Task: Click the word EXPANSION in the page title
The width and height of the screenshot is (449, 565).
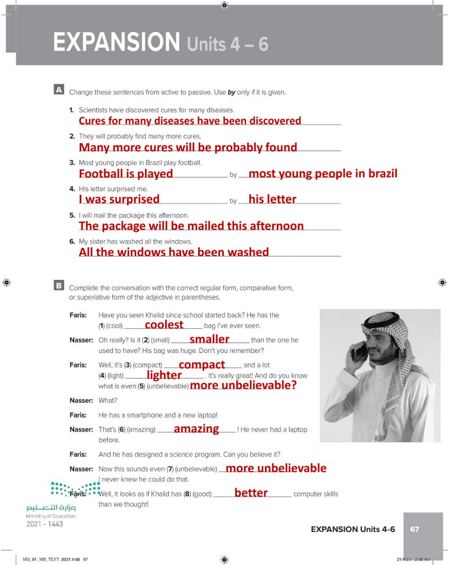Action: tap(116, 43)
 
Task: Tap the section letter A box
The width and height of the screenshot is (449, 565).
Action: tap(58, 89)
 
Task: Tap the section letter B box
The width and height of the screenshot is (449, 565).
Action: tap(58, 286)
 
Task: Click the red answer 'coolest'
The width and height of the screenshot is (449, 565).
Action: tap(164, 325)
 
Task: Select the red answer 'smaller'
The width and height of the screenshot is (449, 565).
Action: tap(209, 339)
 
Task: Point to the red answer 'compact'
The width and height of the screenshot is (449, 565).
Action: tap(201, 365)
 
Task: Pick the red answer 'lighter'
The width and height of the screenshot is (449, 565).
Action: tap(164, 375)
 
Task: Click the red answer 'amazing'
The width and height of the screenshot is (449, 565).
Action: tap(196, 429)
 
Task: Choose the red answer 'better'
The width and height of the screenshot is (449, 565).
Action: tap(251, 493)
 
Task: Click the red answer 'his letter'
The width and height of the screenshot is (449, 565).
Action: tap(272, 199)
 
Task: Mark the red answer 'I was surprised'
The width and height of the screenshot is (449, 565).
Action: tap(119, 199)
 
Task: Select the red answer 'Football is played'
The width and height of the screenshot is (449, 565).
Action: tap(126, 174)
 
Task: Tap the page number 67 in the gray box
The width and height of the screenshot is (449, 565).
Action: tap(415, 529)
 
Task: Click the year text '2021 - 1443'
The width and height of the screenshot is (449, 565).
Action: tap(44, 524)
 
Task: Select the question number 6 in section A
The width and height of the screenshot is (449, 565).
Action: tap(72, 241)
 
